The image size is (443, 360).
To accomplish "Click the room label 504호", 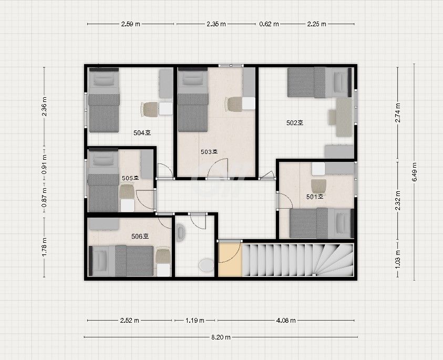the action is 142,132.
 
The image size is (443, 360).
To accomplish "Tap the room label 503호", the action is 209,152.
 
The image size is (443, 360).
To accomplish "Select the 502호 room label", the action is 295,122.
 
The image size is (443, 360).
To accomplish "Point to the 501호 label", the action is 315,197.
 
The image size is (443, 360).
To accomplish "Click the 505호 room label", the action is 130,178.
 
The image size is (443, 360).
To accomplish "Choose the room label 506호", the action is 140,236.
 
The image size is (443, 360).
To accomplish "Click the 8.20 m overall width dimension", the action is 221,337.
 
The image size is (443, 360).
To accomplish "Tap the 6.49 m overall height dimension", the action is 414,172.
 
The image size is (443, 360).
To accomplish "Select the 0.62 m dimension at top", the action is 269,24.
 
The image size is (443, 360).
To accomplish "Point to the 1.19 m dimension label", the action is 194,321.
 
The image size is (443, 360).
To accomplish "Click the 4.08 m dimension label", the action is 286,321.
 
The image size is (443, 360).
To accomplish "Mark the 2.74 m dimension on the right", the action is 397,112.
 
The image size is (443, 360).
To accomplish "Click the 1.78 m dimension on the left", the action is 44,247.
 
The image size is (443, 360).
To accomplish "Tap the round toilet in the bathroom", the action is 207,265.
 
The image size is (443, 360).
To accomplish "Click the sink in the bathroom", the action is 181,232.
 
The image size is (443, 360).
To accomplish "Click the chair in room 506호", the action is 163,255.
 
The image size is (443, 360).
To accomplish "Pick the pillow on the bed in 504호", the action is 104,79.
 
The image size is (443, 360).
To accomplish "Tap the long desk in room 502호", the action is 344,117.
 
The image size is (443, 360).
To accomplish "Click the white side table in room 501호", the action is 318,169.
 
